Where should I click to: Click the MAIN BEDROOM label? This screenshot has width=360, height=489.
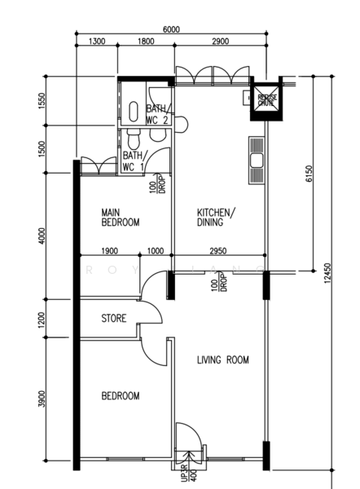pyautogui.click(x=121, y=217)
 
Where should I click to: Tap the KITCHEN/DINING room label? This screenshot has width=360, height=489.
pyautogui.click(x=216, y=217)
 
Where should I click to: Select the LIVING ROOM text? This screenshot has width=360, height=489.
pyautogui.click(x=222, y=359)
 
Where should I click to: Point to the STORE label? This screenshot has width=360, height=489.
pyautogui.click(x=113, y=319)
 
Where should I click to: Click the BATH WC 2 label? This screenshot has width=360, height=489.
pyautogui.click(x=157, y=115)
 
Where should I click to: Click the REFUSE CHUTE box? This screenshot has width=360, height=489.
pyautogui.click(x=266, y=98)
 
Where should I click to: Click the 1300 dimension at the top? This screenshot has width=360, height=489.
pyautogui.click(x=95, y=41)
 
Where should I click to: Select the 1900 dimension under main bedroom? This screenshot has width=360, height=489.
pyautogui.click(x=111, y=251)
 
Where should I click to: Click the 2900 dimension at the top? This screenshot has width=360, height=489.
pyautogui.click(x=219, y=41)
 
